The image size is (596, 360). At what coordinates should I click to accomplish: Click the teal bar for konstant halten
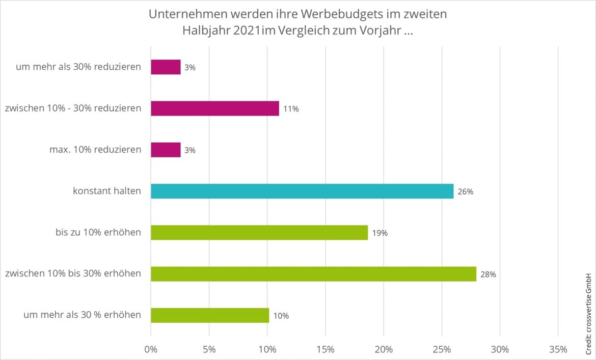(302, 191)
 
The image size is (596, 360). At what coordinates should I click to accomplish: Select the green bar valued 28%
(313, 274)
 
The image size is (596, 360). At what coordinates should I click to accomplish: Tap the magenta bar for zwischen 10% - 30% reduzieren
(214, 108)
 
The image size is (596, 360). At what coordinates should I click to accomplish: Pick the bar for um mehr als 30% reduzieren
(166, 67)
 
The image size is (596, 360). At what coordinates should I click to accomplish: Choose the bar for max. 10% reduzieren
(166, 150)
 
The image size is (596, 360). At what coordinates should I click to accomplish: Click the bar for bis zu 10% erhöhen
(259, 233)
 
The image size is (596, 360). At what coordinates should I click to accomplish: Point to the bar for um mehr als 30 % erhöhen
(209, 315)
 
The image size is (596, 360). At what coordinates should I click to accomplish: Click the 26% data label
(466, 192)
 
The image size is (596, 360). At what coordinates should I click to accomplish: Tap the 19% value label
(380, 233)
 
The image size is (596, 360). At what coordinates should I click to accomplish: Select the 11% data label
(291, 109)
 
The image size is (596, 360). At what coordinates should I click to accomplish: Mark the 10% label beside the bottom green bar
(281, 316)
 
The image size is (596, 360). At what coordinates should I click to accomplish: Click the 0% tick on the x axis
(151, 349)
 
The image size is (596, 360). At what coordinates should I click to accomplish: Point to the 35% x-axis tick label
(558, 349)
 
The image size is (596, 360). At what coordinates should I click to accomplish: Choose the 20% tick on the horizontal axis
(384, 349)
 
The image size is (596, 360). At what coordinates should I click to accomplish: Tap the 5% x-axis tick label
(209, 349)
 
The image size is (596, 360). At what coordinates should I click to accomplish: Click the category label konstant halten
(106, 191)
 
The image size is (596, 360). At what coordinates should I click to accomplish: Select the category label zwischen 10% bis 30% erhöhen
(73, 274)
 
